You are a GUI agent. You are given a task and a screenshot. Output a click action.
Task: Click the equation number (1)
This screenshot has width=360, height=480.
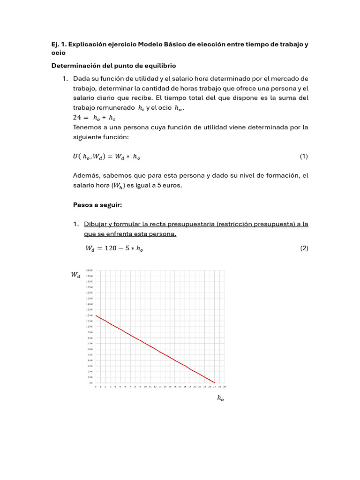tap(304, 156)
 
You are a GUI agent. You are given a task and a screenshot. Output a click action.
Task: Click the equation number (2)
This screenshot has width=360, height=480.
tap(304, 249)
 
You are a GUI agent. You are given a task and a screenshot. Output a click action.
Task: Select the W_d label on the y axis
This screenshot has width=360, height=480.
tap(75, 275)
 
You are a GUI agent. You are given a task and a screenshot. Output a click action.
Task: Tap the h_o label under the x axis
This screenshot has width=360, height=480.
tap(220, 398)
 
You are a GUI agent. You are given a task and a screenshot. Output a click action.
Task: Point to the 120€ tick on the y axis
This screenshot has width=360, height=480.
tap(89, 315)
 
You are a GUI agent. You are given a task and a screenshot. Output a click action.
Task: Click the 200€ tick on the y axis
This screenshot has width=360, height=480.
tap(89, 270)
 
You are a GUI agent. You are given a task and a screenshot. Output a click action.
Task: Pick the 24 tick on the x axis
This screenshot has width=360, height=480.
tap(214, 387)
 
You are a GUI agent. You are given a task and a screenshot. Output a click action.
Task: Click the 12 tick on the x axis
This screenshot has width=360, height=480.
tap(155, 387)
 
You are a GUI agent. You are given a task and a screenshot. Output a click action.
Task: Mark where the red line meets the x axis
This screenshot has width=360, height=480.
tap(215, 382)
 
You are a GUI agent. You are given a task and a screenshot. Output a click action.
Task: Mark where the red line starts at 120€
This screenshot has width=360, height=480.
tap(96, 315)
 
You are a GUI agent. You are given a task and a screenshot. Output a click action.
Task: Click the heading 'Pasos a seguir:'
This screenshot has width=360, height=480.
tap(97, 205)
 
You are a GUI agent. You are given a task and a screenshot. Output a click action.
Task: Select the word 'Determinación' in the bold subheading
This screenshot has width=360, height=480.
tap(73, 65)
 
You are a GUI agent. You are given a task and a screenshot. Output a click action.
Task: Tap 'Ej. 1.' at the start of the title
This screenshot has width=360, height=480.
tap(60, 44)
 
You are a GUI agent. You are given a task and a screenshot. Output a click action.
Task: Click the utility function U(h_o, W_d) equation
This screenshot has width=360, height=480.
tap(106, 157)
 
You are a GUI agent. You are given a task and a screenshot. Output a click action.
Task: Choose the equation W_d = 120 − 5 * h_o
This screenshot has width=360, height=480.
tap(108, 249)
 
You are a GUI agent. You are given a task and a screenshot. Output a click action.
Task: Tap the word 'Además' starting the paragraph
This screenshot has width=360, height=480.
tap(86, 175)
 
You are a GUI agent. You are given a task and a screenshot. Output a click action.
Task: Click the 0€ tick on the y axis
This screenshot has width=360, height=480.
tap(90, 383)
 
